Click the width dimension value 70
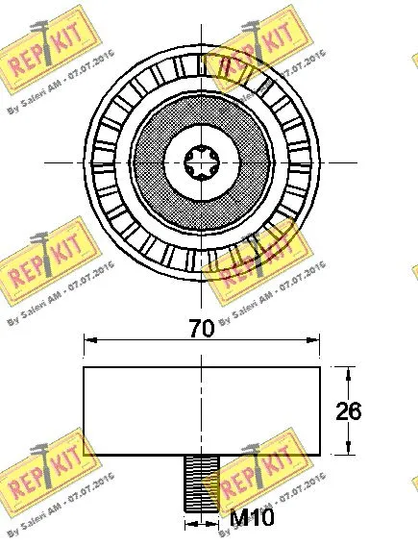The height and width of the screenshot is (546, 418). [201, 329]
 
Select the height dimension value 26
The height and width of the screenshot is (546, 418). [348, 410]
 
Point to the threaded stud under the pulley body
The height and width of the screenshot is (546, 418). [201, 483]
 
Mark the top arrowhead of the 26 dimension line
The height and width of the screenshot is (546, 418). [347, 372]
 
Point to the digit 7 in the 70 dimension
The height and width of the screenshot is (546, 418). [193, 329]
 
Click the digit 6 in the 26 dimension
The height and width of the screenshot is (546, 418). [355, 410]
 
